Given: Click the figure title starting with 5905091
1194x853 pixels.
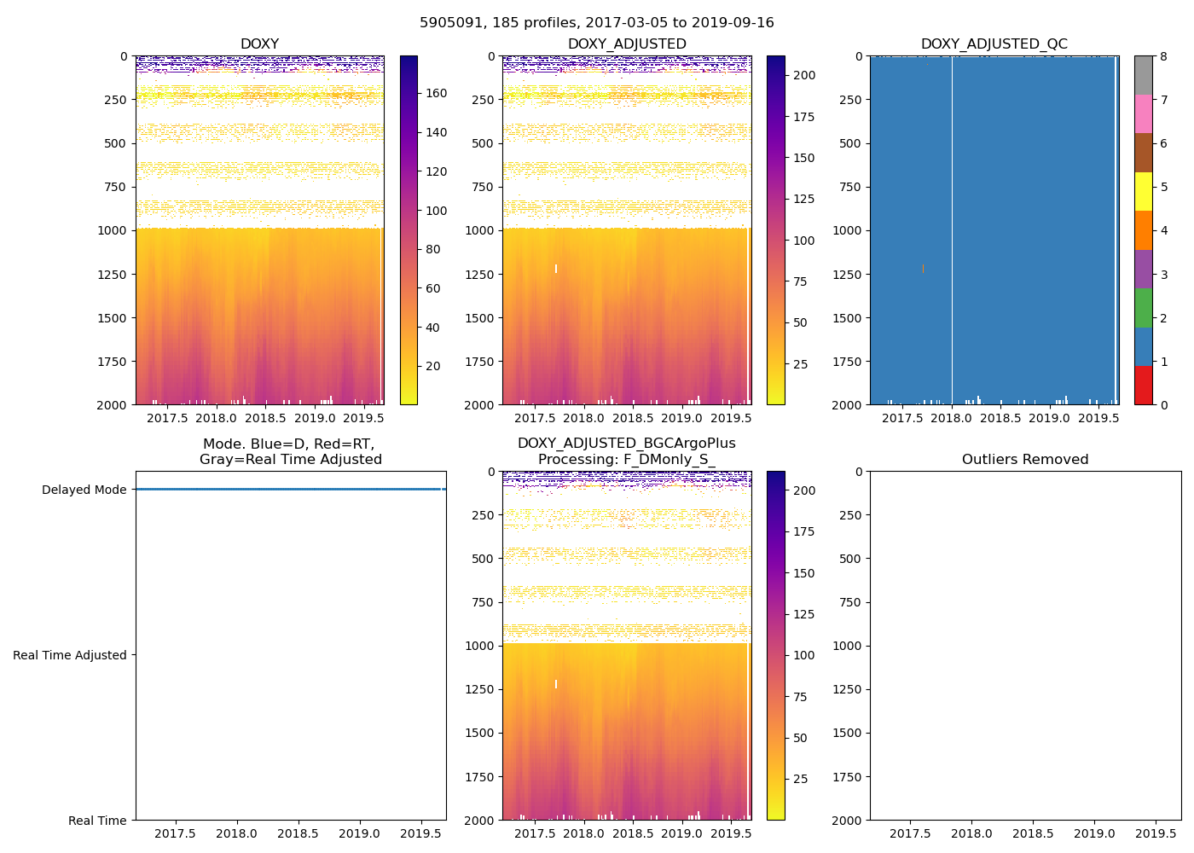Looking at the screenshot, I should click(597, 23).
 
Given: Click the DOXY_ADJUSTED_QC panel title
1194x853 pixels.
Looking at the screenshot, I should click(994, 44).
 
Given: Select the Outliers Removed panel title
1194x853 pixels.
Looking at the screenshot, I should click(1025, 460).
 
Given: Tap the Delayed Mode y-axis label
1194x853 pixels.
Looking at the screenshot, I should click(84, 490).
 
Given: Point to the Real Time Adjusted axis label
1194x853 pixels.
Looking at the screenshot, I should click(70, 655).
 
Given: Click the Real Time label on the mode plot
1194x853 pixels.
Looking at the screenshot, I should click(97, 821).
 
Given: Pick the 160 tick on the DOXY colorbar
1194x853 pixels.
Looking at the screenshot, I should click(437, 94).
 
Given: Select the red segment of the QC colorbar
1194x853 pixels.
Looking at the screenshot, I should click(1144, 385).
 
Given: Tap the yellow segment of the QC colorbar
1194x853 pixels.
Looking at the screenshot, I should click(1144, 191).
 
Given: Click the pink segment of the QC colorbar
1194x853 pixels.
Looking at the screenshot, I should click(1144, 113).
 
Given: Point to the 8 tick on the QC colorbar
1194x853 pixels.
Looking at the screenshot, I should click(1162, 56).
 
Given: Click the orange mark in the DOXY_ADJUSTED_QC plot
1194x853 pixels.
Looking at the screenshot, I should click(923, 268).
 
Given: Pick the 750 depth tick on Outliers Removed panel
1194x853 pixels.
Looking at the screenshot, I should click(849, 602).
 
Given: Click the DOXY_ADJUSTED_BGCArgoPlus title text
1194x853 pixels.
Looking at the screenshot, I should click(626, 444).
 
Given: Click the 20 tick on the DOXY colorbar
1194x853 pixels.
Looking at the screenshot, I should click(433, 367).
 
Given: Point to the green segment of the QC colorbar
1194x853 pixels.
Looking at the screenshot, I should click(1144, 307).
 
